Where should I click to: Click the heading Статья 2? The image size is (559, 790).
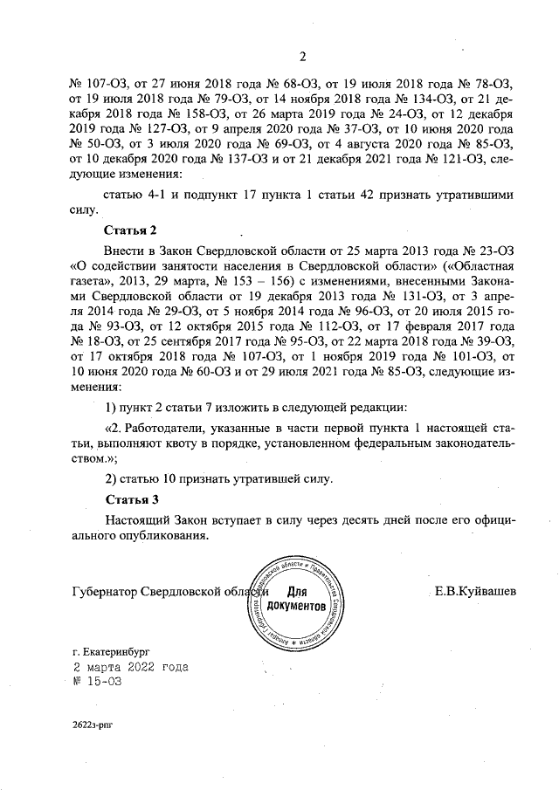pos(130,230)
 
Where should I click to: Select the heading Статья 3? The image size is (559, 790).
pos(130,500)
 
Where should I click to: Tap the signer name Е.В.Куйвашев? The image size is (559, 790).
pos(475,593)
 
